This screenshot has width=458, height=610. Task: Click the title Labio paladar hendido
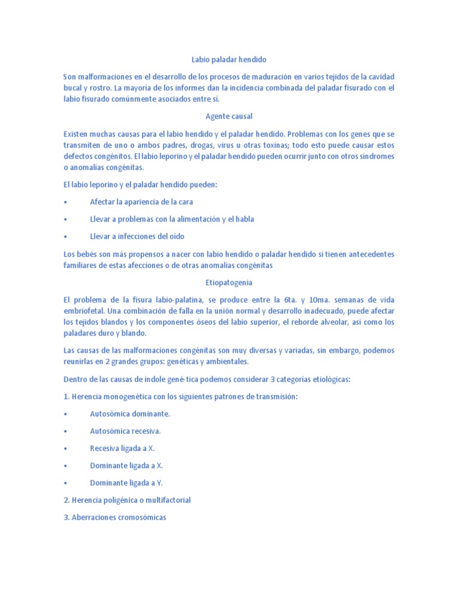pyautogui.click(x=228, y=60)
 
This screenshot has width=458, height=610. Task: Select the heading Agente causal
pyautogui.click(x=228, y=116)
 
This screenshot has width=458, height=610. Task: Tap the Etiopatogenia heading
pyautogui.click(x=228, y=282)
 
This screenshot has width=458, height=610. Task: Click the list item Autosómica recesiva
pyautogui.click(x=125, y=431)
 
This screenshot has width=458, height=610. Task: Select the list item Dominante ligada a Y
pyautogui.click(x=126, y=483)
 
